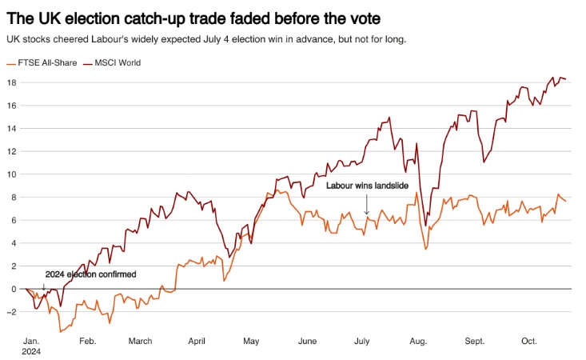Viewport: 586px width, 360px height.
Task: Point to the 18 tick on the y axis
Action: [11, 82]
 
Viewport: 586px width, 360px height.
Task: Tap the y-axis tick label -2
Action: [10, 312]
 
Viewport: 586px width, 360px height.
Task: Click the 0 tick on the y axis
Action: [13, 289]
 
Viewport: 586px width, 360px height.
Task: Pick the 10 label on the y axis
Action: [11, 174]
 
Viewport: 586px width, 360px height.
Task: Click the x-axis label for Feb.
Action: [88, 341]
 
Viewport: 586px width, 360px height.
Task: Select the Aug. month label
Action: [417, 341]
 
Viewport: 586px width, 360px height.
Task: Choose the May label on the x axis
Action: [251, 341]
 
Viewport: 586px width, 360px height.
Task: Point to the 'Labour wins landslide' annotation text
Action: [367, 186]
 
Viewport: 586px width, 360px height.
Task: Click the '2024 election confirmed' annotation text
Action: [90, 274]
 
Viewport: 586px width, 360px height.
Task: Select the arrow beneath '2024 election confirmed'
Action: [44, 283]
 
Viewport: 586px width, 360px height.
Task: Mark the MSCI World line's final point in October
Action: [566, 78]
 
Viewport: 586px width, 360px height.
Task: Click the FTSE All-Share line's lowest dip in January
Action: [59, 330]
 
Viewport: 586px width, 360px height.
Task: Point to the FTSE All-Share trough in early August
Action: [425, 250]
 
